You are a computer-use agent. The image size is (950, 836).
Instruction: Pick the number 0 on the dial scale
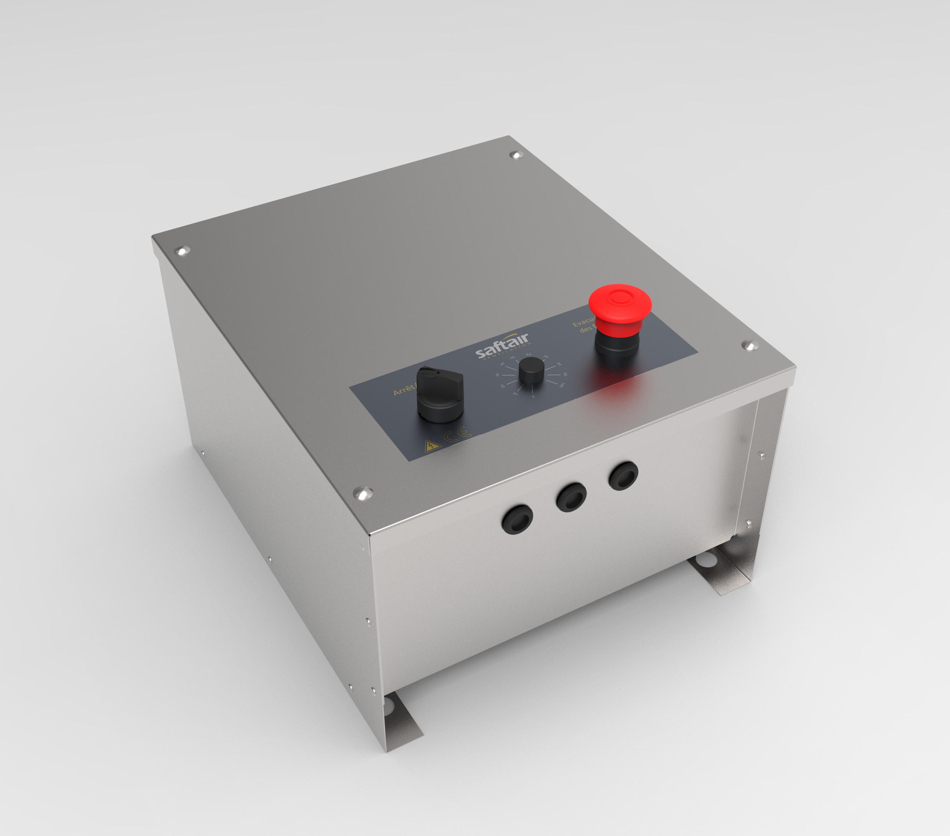[x=533, y=396]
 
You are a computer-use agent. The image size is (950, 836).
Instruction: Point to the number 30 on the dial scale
[x=497, y=375]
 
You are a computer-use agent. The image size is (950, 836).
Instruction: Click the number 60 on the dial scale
[x=528, y=354]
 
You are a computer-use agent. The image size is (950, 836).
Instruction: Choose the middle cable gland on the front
[x=571, y=497]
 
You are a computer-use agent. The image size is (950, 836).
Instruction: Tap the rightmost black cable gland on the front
[x=623, y=475]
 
